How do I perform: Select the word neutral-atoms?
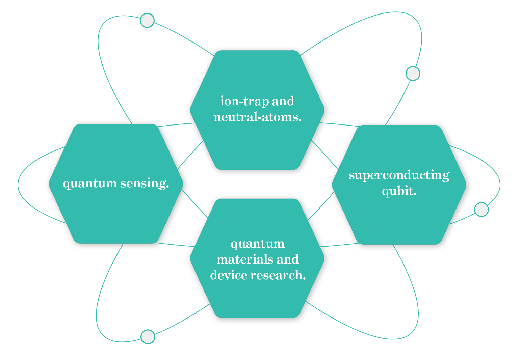(257, 117)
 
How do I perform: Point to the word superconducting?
(399, 175)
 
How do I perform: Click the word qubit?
(399, 191)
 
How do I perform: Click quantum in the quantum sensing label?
(90, 184)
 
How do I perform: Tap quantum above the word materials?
(257, 244)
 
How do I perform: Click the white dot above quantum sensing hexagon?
(147, 20)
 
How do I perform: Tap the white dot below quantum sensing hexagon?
(148, 336)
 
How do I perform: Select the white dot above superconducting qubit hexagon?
(413, 73)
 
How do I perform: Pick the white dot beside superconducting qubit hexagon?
(481, 210)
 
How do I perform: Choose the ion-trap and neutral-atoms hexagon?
(257, 145)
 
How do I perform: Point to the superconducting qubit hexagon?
(399, 219)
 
